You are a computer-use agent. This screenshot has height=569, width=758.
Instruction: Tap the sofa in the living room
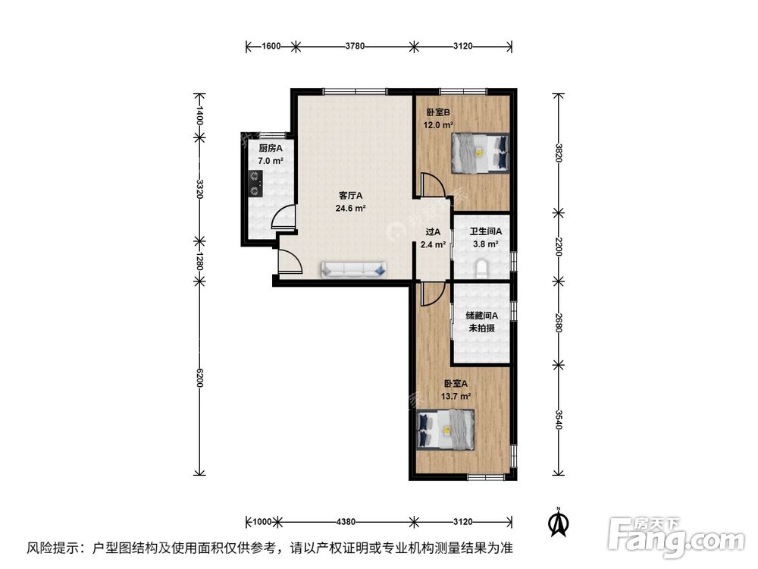coord(354,269)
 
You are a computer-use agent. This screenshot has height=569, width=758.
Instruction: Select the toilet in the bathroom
coord(481,269)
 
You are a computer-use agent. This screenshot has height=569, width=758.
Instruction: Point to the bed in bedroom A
coord(446,429)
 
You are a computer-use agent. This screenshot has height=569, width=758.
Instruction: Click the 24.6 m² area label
coord(352,208)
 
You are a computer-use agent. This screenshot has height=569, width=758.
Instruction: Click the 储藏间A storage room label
coord(481,316)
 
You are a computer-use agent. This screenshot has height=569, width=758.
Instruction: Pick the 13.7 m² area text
coord(457,396)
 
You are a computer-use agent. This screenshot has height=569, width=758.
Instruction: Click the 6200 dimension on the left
coord(199,378)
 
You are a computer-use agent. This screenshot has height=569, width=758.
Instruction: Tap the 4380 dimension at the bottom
coord(346,522)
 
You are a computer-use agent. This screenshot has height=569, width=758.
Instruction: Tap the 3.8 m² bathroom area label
coord(485,244)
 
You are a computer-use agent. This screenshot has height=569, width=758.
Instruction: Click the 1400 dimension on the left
coord(199,115)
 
